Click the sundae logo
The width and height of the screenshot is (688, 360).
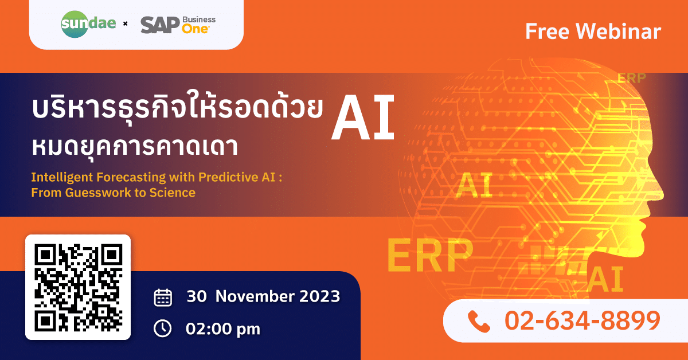point(88,24)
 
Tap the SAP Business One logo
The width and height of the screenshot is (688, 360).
point(178,25)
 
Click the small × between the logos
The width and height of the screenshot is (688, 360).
point(125,24)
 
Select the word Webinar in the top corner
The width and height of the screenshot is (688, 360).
point(618,32)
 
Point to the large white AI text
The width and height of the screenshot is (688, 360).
point(363,118)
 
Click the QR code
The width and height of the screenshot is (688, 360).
point(78,288)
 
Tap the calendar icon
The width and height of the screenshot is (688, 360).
point(163,298)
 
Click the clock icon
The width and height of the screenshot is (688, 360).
point(162,328)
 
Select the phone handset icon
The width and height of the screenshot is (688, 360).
point(479,321)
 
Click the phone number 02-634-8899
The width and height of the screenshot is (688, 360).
point(583,320)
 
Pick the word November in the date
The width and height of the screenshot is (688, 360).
point(255,296)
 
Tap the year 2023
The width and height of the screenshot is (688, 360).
point(320,296)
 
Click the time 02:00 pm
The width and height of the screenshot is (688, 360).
point(223,329)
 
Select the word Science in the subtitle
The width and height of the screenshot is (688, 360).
point(173,193)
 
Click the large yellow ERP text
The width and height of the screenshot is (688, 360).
point(430,256)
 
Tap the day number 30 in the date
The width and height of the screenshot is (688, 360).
point(197,296)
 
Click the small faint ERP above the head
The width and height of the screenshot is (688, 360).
point(632,78)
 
